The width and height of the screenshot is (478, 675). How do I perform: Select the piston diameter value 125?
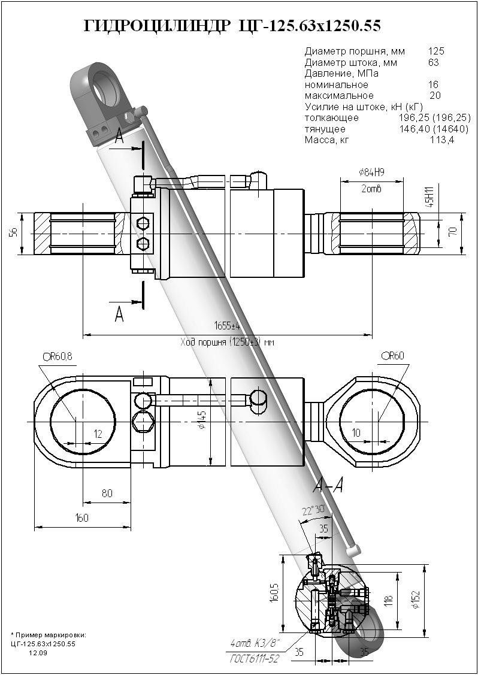(x=437, y=52)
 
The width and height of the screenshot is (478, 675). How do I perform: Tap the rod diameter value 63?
(x=434, y=62)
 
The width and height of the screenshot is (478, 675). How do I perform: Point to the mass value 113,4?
(x=442, y=140)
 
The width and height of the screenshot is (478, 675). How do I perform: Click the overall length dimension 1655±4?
(x=227, y=326)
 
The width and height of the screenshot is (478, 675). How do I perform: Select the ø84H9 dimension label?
(x=371, y=172)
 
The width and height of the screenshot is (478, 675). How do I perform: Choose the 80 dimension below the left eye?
(x=107, y=494)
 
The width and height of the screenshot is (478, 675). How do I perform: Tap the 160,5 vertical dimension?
(x=275, y=594)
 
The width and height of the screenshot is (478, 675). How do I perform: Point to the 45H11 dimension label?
(x=429, y=196)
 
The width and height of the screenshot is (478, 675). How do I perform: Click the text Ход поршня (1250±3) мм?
(x=227, y=343)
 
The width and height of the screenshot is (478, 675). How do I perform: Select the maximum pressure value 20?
(x=435, y=95)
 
